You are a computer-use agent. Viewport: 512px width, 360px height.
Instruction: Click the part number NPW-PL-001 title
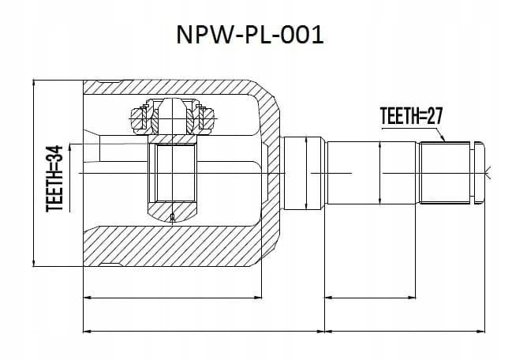point(250,35)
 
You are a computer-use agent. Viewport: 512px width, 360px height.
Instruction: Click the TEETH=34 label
point(54,178)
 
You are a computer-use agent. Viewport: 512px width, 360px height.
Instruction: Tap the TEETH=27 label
point(412,116)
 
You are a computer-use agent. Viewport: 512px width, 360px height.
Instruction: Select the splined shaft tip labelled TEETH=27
point(445,173)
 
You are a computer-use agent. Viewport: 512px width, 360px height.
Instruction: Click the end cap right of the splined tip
point(479,173)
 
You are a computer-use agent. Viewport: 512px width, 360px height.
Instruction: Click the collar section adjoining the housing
point(305,173)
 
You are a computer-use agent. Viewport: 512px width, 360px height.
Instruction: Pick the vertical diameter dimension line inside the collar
point(306,173)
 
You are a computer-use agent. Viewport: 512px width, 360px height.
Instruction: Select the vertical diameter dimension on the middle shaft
point(379,173)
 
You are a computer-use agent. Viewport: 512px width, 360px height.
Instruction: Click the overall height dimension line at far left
point(34,173)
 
